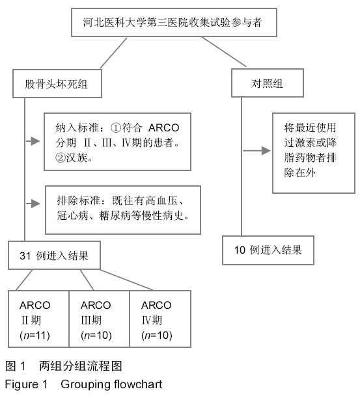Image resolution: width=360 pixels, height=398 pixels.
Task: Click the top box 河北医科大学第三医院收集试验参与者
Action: (x=174, y=22)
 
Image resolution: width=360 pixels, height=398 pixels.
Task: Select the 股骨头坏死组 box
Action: (x=57, y=83)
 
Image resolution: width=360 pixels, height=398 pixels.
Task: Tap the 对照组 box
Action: (x=268, y=83)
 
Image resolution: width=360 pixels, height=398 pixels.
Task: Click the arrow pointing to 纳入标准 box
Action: (x=33, y=141)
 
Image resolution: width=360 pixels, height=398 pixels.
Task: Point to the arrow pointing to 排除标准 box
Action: (x=33, y=204)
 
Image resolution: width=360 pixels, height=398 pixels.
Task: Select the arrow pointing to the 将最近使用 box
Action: (x=257, y=150)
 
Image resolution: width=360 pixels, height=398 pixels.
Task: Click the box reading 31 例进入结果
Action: (x=55, y=255)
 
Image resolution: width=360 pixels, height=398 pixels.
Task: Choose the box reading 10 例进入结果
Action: (x=268, y=250)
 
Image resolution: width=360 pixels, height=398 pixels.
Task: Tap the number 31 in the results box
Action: (x=25, y=256)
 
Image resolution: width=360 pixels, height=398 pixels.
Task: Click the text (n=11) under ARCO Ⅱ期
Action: (x=35, y=336)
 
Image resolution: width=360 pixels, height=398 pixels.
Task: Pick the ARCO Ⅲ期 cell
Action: (x=100, y=319)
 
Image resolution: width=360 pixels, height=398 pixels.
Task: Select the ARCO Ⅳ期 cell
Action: (x=160, y=319)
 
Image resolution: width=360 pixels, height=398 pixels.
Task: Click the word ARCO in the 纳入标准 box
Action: (x=163, y=127)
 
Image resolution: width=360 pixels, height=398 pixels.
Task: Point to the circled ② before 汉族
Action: (x=61, y=157)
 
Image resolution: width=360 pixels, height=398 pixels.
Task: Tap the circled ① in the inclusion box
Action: (x=116, y=127)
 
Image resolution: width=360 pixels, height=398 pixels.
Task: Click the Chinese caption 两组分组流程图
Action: (x=81, y=365)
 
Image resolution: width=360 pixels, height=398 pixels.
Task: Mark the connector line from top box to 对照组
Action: (x=224, y=52)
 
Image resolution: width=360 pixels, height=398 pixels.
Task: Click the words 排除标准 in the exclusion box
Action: (x=79, y=200)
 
